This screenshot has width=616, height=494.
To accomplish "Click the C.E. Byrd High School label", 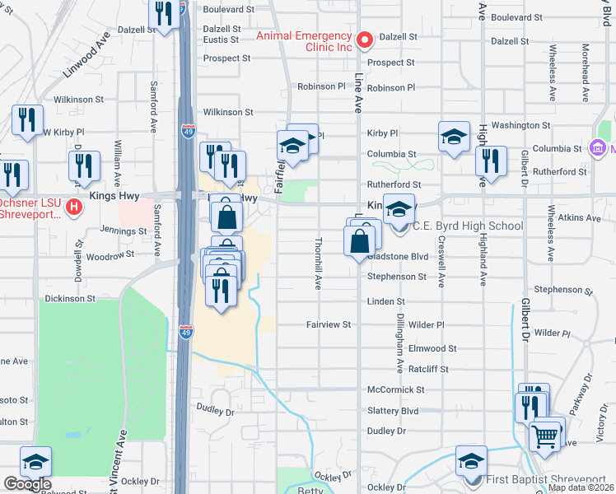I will (x=467, y=226).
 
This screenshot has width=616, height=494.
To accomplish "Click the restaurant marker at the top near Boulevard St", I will (x=163, y=13).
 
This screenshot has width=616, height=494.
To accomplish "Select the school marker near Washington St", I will (x=454, y=137).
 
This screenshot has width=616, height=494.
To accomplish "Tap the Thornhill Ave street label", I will (x=318, y=263).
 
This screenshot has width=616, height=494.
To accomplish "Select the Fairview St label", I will (x=329, y=325).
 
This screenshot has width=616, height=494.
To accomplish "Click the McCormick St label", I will (x=395, y=389).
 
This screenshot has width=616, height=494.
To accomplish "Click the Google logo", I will (x=26, y=484).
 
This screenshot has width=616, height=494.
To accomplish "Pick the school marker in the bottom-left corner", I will (x=35, y=462).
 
